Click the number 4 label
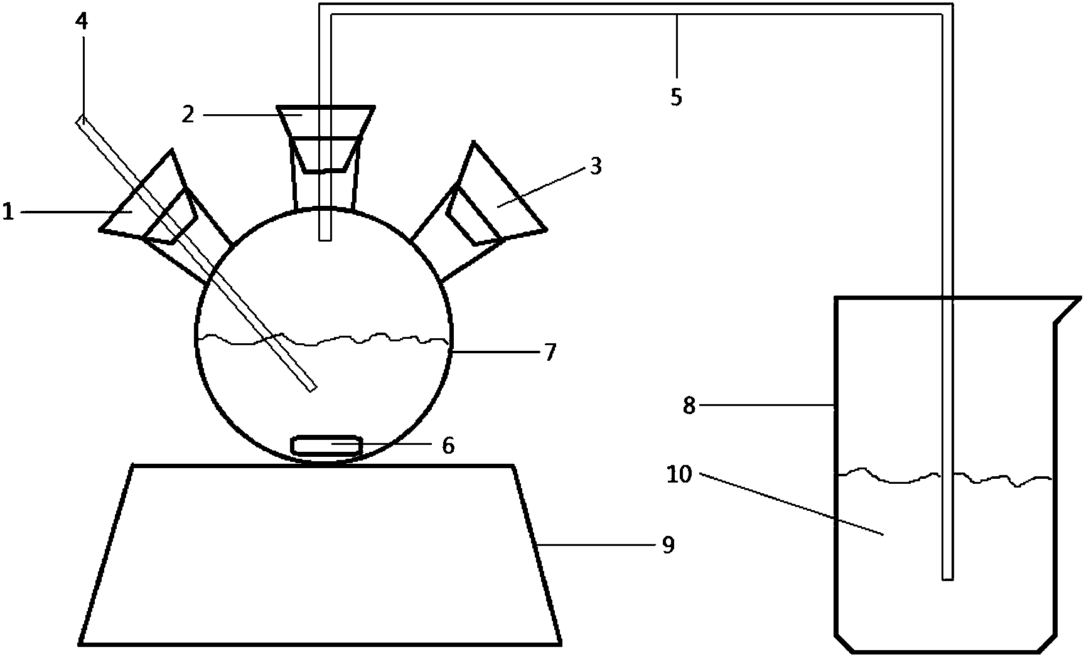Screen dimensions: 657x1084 click(x=82, y=23)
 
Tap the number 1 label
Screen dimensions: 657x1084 click(x=8, y=212)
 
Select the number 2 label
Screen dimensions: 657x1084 click(x=188, y=114)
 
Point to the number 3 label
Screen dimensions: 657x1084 click(x=595, y=166)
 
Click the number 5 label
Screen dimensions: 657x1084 click(x=675, y=97)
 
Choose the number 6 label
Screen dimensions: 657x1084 click(x=448, y=446)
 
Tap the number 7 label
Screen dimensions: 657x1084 click(x=549, y=353)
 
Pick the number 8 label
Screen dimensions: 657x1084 click(x=689, y=406)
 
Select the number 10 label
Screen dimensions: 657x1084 click(x=679, y=474)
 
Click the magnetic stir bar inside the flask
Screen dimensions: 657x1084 click(x=326, y=445)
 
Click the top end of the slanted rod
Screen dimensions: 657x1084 click(x=80, y=119)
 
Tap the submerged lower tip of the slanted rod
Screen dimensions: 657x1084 click(x=311, y=387)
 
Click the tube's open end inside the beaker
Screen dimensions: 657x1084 click(x=948, y=576)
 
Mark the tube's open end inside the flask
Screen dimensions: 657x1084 click(x=325, y=237)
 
